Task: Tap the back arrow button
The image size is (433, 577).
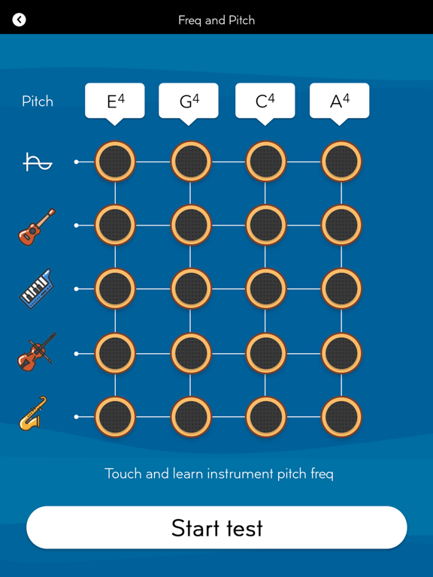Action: coord(19,20)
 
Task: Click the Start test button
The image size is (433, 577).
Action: coord(216,527)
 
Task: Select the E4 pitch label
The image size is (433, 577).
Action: coord(115,101)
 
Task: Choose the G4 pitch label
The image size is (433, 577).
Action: coord(189,101)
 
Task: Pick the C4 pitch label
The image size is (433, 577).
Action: coord(265,101)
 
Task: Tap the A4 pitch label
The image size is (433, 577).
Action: coord(340,101)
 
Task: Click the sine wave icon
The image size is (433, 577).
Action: coord(38,162)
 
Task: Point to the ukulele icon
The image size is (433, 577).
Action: coord(37,227)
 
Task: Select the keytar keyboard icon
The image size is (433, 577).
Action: coord(36,288)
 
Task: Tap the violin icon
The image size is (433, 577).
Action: coord(37,352)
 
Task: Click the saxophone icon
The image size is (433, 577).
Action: coord(33,413)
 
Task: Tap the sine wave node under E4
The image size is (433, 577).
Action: coord(115,162)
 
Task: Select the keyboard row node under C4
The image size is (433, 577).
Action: coord(266,288)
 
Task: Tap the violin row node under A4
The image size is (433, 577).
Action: coord(342,353)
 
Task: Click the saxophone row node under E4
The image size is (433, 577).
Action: coord(115,417)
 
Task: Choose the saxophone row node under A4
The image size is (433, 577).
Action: coord(342,417)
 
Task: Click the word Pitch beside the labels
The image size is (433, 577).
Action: coord(38,101)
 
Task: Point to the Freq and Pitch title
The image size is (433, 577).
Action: coord(216,20)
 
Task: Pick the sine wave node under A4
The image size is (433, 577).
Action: coord(342,162)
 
